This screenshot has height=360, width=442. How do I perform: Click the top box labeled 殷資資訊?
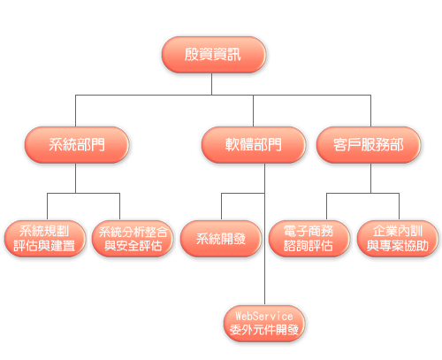[x=214, y=55]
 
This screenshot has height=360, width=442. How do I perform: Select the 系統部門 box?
[x=77, y=145]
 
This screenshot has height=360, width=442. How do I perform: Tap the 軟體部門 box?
[x=254, y=145]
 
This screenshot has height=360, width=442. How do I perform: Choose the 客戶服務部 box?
[x=369, y=145]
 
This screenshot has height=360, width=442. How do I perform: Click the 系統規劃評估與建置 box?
[x=45, y=239]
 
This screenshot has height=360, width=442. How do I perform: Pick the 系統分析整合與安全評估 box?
[x=133, y=239]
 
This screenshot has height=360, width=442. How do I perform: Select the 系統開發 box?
[x=221, y=239]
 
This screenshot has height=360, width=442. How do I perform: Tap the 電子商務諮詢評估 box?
[x=309, y=239]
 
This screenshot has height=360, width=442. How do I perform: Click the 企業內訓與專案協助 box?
[x=398, y=239]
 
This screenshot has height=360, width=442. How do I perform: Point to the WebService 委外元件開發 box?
[x=264, y=324]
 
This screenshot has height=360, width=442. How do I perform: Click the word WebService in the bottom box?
[x=264, y=317]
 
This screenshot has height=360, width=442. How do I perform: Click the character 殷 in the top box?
[x=192, y=55]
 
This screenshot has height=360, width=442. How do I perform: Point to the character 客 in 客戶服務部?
[x=340, y=145]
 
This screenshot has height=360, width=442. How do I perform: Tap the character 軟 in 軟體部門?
[x=232, y=145]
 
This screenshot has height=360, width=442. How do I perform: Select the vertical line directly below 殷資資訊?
[x=211, y=84]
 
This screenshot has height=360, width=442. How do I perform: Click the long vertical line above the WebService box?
[x=264, y=234]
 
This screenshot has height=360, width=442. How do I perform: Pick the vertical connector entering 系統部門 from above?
[x=75, y=111]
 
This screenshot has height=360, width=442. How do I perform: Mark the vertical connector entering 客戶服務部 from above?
[x=370, y=111]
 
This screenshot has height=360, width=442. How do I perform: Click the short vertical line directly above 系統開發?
[x=221, y=207]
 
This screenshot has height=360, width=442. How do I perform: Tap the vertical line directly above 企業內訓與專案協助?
[x=400, y=207]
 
